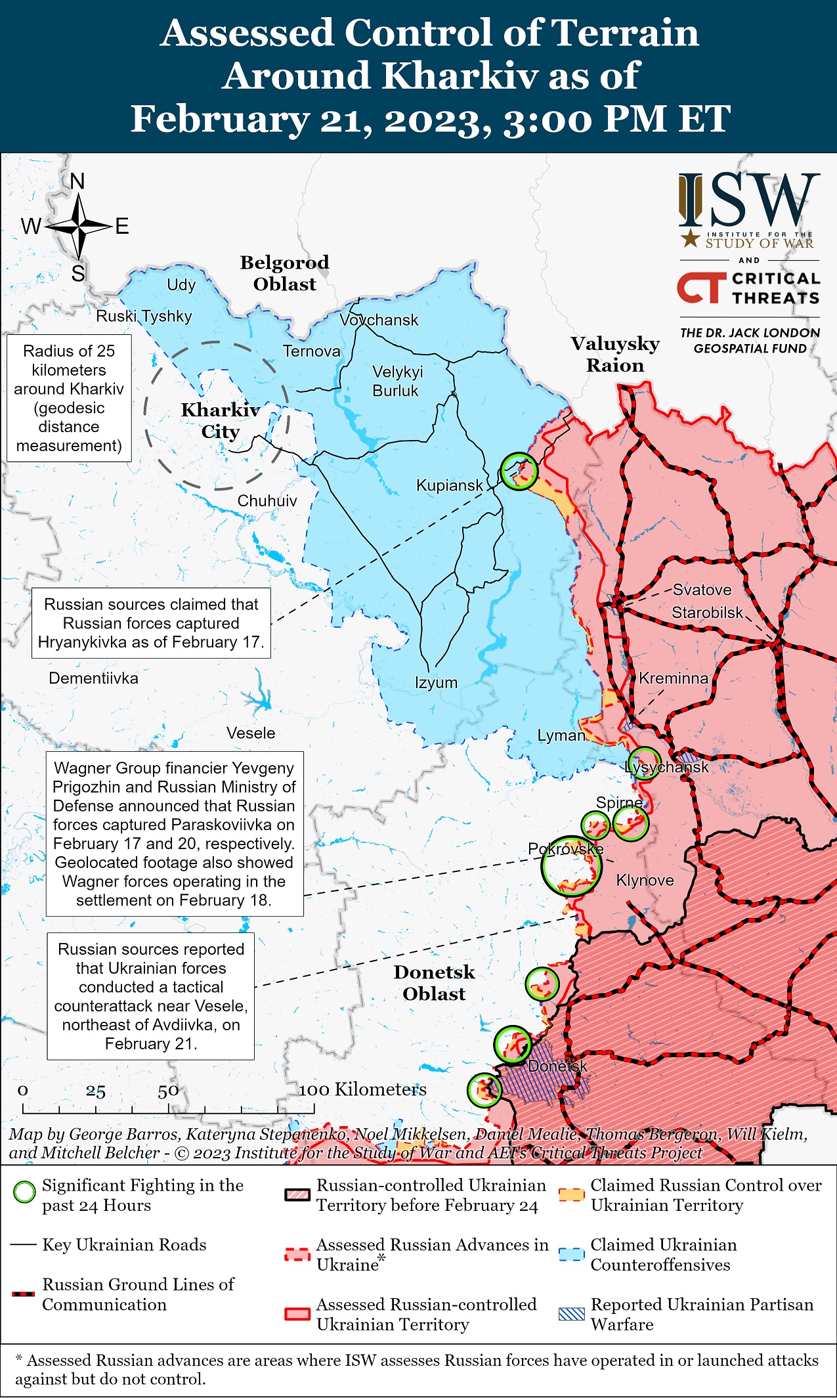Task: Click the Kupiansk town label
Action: point(449,486)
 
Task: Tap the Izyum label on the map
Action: point(436,682)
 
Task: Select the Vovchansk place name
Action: point(379,320)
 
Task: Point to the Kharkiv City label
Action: point(221,420)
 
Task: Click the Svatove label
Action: point(702,590)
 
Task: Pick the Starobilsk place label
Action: point(707,613)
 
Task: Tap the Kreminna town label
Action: point(673,678)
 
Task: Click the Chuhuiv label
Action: point(267,501)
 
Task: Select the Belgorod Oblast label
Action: point(284,273)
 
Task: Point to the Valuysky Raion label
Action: point(615,355)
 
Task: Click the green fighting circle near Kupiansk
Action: point(519,470)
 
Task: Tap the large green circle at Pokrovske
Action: point(571,866)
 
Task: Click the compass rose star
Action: point(78,227)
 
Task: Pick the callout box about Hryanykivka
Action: point(151,623)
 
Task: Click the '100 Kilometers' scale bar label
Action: point(362,1089)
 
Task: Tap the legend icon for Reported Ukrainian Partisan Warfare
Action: point(571,1314)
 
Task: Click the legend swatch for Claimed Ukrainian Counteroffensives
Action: point(571,1254)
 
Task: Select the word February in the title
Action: point(220,120)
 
